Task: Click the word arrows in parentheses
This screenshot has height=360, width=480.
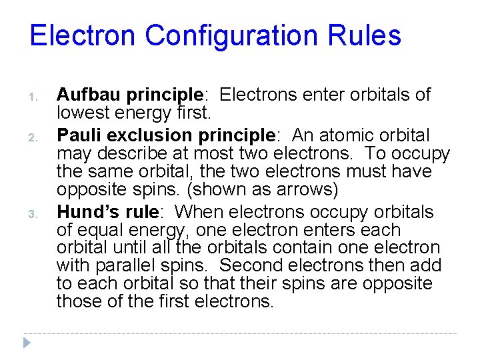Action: pyautogui.click(x=308, y=190)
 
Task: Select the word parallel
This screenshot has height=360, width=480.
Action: pyautogui.click(x=123, y=266)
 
